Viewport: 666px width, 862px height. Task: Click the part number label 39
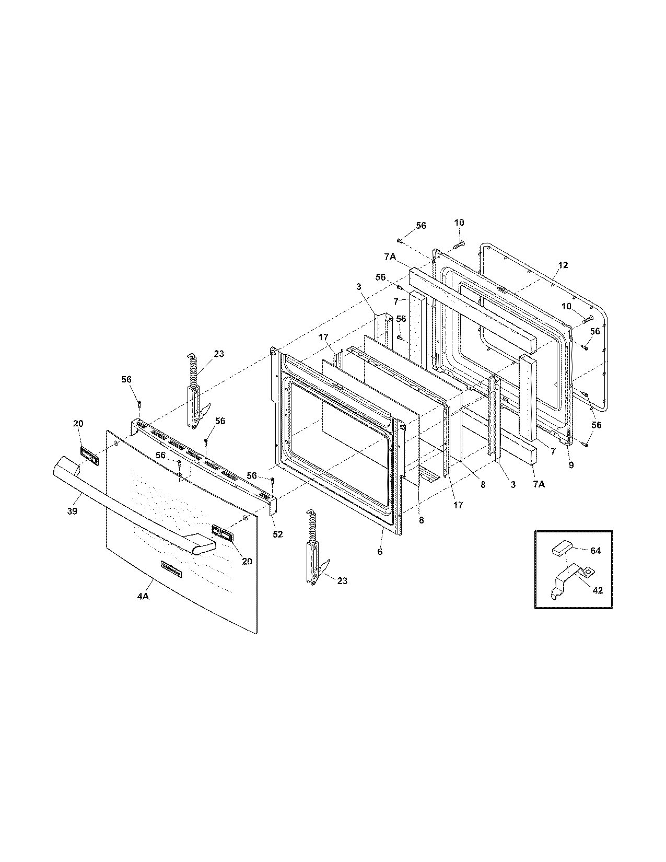coord(72,511)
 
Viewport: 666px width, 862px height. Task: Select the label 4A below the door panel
coord(143,597)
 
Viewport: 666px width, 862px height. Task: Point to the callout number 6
coord(380,552)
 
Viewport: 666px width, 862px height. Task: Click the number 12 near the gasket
coord(562,265)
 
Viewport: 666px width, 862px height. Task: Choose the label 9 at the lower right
coord(571,465)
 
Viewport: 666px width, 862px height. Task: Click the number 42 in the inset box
coord(598,590)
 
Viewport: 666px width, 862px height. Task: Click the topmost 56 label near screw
coord(421,226)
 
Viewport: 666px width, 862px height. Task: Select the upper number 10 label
coord(459,223)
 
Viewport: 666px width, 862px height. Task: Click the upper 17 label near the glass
coord(324,338)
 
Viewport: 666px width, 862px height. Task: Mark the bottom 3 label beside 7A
coord(513,485)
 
